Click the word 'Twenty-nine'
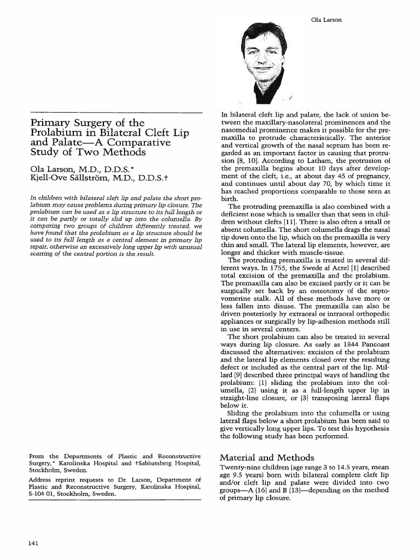click(238, 468)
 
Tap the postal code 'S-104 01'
click(41, 494)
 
